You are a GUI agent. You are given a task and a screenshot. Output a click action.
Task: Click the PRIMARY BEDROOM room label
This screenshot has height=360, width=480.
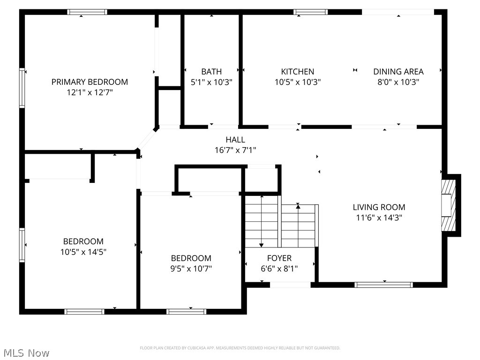point(90,82)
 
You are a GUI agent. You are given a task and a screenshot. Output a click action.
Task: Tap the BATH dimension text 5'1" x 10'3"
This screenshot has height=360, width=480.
point(211,82)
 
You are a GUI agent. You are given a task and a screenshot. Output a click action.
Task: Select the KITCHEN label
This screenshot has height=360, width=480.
point(298,72)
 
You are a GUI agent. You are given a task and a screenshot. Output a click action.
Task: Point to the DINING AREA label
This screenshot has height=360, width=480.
point(398,72)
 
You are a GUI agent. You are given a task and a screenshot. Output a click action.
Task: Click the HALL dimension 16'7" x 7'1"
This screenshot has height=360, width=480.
point(235,150)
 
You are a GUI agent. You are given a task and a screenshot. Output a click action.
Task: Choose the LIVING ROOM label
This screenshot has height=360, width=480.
point(379,207)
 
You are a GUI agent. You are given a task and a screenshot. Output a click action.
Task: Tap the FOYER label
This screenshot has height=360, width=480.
point(279,258)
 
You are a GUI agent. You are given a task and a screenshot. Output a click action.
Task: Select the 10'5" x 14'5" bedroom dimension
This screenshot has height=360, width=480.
point(83,252)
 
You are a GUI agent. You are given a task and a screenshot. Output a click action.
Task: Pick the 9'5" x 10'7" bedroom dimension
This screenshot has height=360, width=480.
point(191,269)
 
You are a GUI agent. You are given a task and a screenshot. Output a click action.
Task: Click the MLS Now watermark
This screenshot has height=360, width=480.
point(26,353)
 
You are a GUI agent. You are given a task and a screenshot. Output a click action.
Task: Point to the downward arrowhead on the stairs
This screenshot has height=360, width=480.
point(261,245)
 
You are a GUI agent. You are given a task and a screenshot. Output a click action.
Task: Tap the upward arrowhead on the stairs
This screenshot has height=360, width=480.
point(298,206)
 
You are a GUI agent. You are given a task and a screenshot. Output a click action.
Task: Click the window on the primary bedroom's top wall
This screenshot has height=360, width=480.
point(87,12)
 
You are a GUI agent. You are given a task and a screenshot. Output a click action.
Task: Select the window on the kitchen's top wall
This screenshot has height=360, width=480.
point(310,12)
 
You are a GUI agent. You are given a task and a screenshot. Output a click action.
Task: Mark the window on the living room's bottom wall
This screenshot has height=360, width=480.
point(383,285)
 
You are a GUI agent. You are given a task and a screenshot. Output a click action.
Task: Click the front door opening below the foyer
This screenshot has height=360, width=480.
point(290,285)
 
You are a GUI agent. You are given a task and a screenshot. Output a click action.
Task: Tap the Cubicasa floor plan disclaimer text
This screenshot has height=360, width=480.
point(240,348)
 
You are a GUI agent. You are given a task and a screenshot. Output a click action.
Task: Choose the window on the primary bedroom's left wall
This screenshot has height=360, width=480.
point(22,88)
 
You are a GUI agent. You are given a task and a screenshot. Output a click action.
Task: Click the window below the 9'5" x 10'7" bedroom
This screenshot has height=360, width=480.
point(187,312)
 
